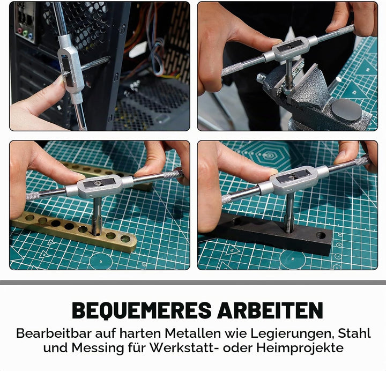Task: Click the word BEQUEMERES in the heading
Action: (x=142, y=310)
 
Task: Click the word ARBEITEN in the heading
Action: (x=270, y=310)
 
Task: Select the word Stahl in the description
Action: (x=354, y=333)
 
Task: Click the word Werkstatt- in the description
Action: (x=185, y=348)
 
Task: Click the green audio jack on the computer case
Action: (x=25, y=32)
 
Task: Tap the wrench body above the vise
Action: (x=291, y=49)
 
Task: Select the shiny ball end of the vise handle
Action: (x=260, y=78)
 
